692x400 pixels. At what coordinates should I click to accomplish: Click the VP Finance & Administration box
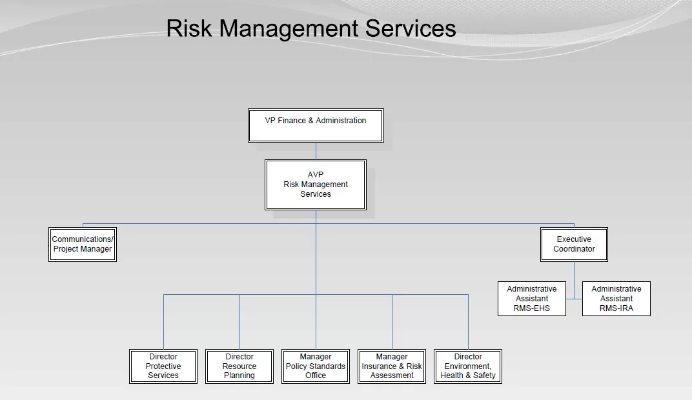click(x=316, y=125)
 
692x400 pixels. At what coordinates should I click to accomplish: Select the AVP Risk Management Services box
click(x=316, y=185)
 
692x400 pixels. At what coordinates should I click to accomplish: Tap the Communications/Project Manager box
click(x=83, y=244)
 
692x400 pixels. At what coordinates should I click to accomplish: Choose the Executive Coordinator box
click(x=574, y=244)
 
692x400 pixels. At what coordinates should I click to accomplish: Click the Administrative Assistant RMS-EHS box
click(x=532, y=299)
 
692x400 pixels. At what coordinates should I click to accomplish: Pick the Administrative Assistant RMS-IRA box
click(x=616, y=299)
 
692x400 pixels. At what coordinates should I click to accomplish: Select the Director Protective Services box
click(x=163, y=366)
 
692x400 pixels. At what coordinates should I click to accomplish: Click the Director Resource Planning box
click(x=239, y=366)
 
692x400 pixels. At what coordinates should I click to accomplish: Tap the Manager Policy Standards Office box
click(x=316, y=366)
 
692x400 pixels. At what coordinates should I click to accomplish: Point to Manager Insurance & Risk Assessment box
click(x=392, y=366)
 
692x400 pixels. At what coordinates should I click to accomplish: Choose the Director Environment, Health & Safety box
click(x=468, y=366)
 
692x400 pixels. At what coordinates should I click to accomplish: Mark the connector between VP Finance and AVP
click(x=316, y=151)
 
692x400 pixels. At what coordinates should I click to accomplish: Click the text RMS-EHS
click(x=532, y=308)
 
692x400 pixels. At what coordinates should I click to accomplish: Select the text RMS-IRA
click(x=616, y=308)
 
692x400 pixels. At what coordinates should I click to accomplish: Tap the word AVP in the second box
click(x=316, y=175)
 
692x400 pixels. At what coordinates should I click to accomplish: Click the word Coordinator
click(x=574, y=249)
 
